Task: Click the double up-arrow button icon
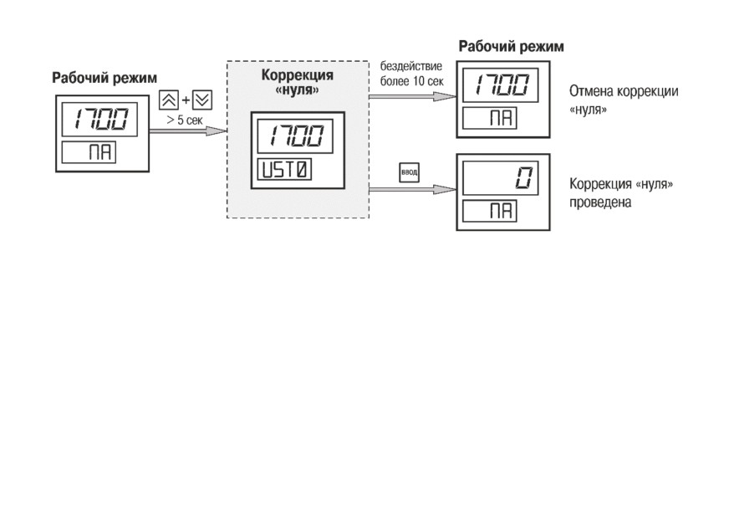[x=168, y=100]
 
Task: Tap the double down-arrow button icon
[x=202, y=100]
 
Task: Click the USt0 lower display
[x=284, y=169]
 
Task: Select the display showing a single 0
[x=500, y=177]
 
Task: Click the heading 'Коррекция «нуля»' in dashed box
[x=298, y=81]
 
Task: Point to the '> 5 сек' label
[x=185, y=120]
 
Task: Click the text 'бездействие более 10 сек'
[x=412, y=74]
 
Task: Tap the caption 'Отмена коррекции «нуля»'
[x=624, y=100]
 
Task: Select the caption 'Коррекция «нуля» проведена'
[x=621, y=192]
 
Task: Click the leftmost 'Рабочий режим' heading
[x=105, y=77]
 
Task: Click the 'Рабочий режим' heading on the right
[x=511, y=46]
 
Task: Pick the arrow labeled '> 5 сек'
[x=188, y=131]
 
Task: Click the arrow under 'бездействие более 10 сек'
[x=413, y=96]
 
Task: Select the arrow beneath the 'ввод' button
[x=413, y=189]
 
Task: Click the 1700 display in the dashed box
[x=295, y=136]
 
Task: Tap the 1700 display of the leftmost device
[x=99, y=119]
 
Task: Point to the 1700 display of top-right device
[x=500, y=85]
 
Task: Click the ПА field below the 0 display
[x=490, y=211]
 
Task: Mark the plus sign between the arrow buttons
[x=186, y=100]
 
